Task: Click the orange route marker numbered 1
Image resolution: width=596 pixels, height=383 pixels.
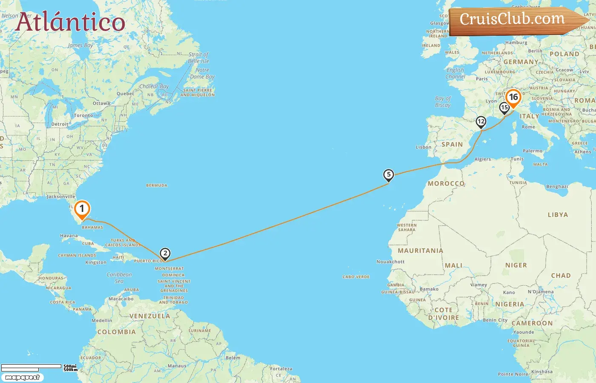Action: pyautogui.click(x=82, y=209)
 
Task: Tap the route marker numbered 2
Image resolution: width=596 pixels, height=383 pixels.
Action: pyautogui.click(x=165, y=254)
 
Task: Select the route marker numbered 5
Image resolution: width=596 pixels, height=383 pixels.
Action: pyautogui.click(x=388, y=175)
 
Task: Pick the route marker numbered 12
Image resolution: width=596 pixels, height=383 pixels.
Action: pyautogui.click(x=481, y=122)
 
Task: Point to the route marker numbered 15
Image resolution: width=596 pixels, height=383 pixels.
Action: pyautogui.click(x=504, y=108)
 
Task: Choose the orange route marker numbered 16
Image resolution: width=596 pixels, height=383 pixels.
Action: pyautogui.click(x=513, y=97)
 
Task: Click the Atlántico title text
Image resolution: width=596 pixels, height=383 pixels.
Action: pyautogui.click(x=70, y=22)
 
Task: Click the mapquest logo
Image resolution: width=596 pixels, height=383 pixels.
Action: pyautogui.click(x=23, y=377)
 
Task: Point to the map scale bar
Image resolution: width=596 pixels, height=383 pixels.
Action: pyautogui.click(x=32, y=367)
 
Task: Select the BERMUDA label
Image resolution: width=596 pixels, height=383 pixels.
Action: pyautogui.click(x=157, y=186)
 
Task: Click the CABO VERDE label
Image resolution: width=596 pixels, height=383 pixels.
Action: pyautogui.click(x=356, y=277)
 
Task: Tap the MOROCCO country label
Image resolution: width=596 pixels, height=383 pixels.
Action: pyautogui.click(x=446, y=184)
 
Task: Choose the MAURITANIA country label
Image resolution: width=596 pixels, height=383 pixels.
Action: pyautogui.click(x=420, y=251)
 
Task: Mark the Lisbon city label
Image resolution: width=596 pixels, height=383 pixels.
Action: pyautogui.click(x=424, y=147)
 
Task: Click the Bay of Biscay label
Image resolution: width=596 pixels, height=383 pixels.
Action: pyautogui.click(x=443, y=102)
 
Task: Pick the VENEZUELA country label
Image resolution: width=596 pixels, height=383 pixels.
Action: pyautogui.click(x=149, y=316)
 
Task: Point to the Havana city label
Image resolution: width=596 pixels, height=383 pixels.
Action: pyautogui.click(x=69, y=236)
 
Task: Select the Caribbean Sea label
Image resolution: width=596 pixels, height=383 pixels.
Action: pyautogui.click(x=119, y=278)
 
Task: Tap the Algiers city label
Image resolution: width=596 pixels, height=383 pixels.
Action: pyautogui.click(x=483, y=160)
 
